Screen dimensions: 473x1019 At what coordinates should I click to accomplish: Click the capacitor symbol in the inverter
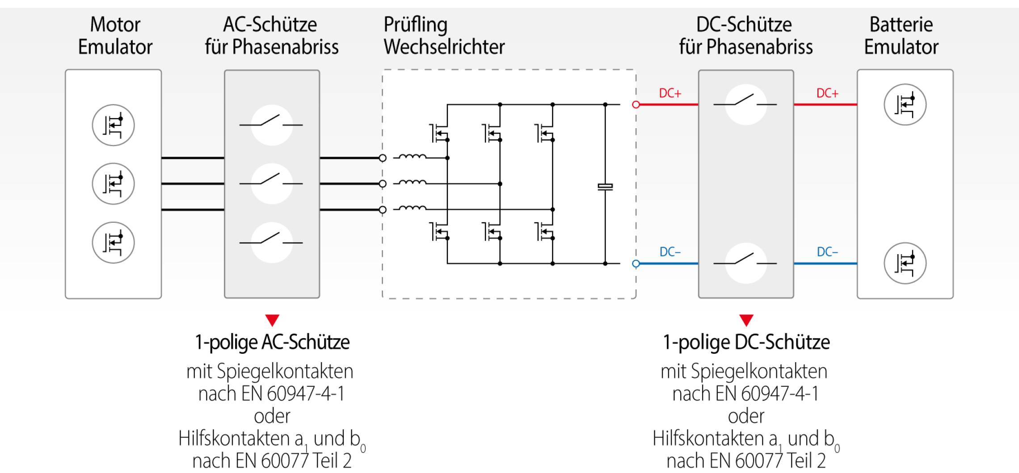(x=605, y=187)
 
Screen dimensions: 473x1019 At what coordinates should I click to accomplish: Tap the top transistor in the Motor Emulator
(x=113, y=125)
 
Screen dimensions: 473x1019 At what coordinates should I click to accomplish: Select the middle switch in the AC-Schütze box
(x=272, y=183)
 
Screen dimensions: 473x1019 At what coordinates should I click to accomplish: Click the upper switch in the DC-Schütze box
(x=745, y=104)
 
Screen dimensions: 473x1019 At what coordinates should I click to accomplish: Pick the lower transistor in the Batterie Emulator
(x=905, y=263)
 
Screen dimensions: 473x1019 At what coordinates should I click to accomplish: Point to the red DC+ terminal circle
(x=636, y=105)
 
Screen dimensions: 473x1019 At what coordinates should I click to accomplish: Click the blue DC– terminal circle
(x=636, y=264)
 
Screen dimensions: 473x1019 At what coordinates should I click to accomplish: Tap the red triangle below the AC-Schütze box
(x=272, y=320)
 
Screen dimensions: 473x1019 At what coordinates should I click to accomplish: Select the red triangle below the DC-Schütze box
(x=746, y=320)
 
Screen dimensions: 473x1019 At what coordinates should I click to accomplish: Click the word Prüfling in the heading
(x=416, y=25)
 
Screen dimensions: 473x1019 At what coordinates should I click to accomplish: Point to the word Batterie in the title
(x=901, y=25)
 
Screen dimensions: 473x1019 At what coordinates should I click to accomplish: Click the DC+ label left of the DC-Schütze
(x=670, y=93)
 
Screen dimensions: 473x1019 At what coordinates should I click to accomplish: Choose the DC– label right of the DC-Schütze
(x=827, y=252)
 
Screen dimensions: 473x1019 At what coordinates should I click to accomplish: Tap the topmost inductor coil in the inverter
(x=412, y=157)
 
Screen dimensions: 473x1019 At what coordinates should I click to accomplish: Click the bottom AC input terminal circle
(x=383, y=209)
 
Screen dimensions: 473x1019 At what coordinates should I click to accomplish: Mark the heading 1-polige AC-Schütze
(x=272, y=342)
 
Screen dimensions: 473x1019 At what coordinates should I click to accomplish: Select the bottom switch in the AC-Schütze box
(x=272, y=242)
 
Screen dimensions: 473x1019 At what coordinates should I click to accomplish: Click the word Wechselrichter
(x=444, y=47)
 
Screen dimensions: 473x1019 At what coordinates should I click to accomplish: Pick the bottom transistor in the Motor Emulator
(x=113, y=243)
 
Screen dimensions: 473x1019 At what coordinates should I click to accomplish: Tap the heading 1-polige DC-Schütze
(x=746, y=342)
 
